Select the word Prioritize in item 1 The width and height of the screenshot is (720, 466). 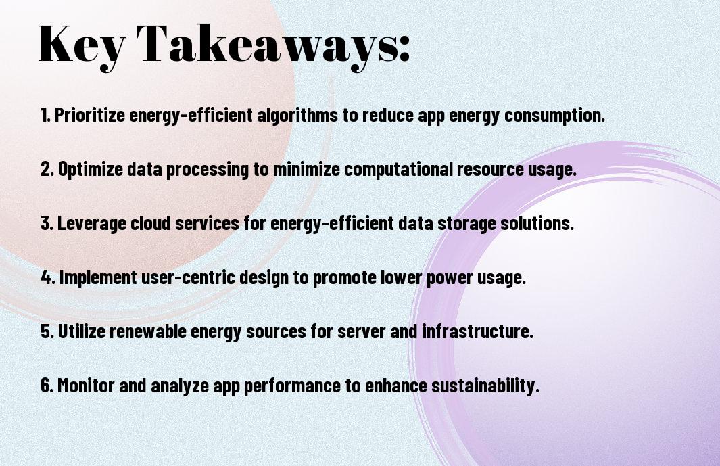click(x=89, y=116)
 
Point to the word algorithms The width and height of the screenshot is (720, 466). click(x=297, y=116)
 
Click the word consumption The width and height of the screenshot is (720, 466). click(x=554, y=116)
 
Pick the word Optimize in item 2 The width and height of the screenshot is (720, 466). click(x=91, y=170)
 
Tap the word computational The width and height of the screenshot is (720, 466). click(x=398, y=170)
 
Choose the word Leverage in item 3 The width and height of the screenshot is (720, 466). click(x=91, y=224)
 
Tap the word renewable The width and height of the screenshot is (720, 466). click(x=147, y=331)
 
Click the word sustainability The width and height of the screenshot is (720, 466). click(x=485, y=386)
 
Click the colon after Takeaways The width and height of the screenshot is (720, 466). click(x=404, y=49)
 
